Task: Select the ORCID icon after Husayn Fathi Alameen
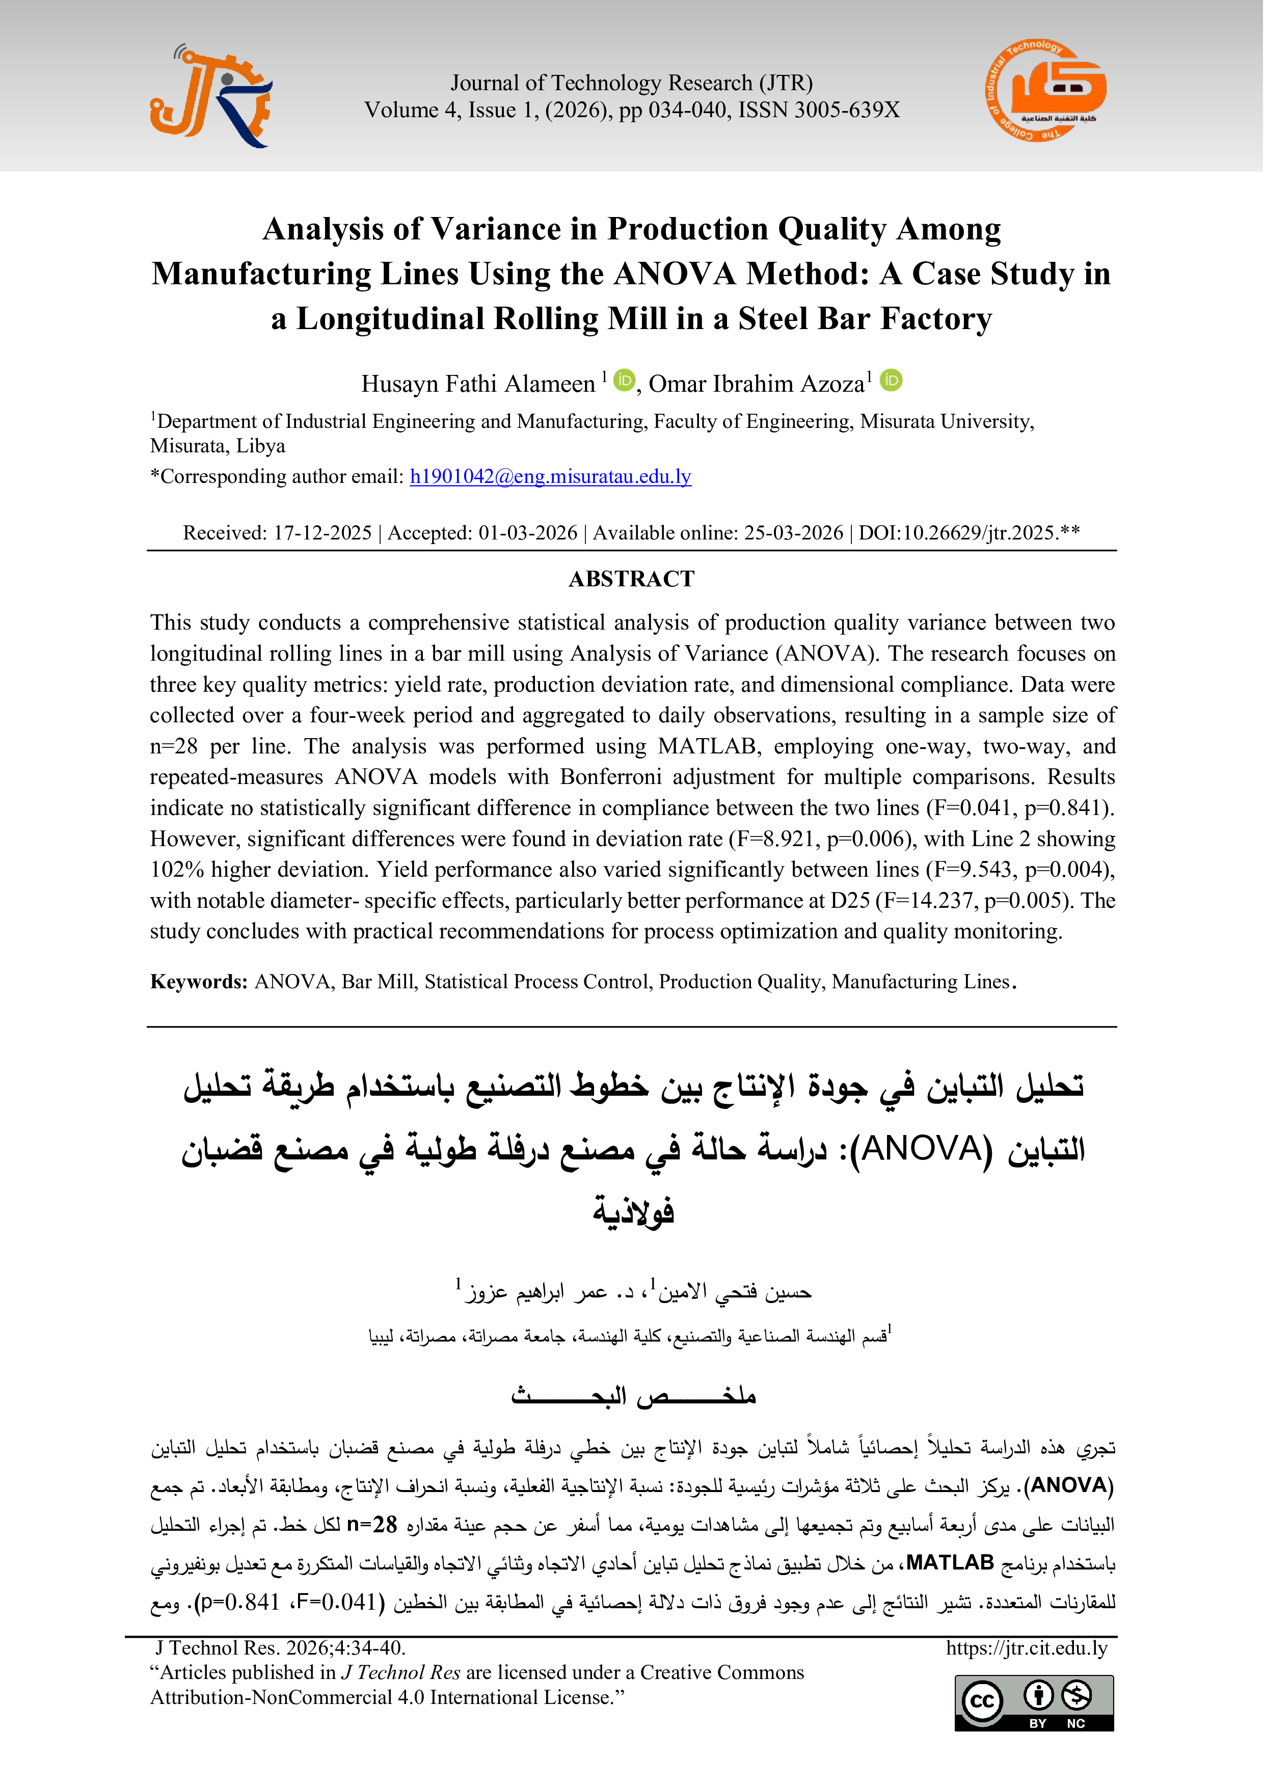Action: tap(624, 381)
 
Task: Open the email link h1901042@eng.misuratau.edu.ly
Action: tap(550, 476)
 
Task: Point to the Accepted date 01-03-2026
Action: tap(528, 533)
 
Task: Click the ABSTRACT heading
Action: tap(631, 579)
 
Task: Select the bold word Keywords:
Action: tap(199, 982)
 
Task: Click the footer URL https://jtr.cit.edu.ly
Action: tap(1026, 1648)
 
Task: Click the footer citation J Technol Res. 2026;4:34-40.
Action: tap(280, 1648)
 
